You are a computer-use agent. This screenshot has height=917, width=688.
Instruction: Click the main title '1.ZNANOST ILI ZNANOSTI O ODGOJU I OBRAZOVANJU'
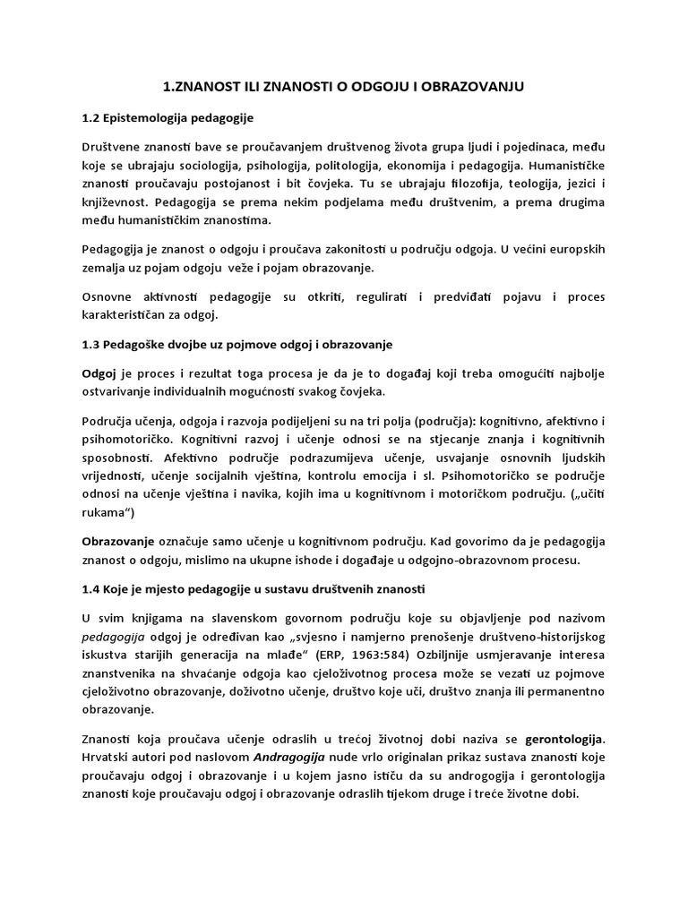pos(344,86)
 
